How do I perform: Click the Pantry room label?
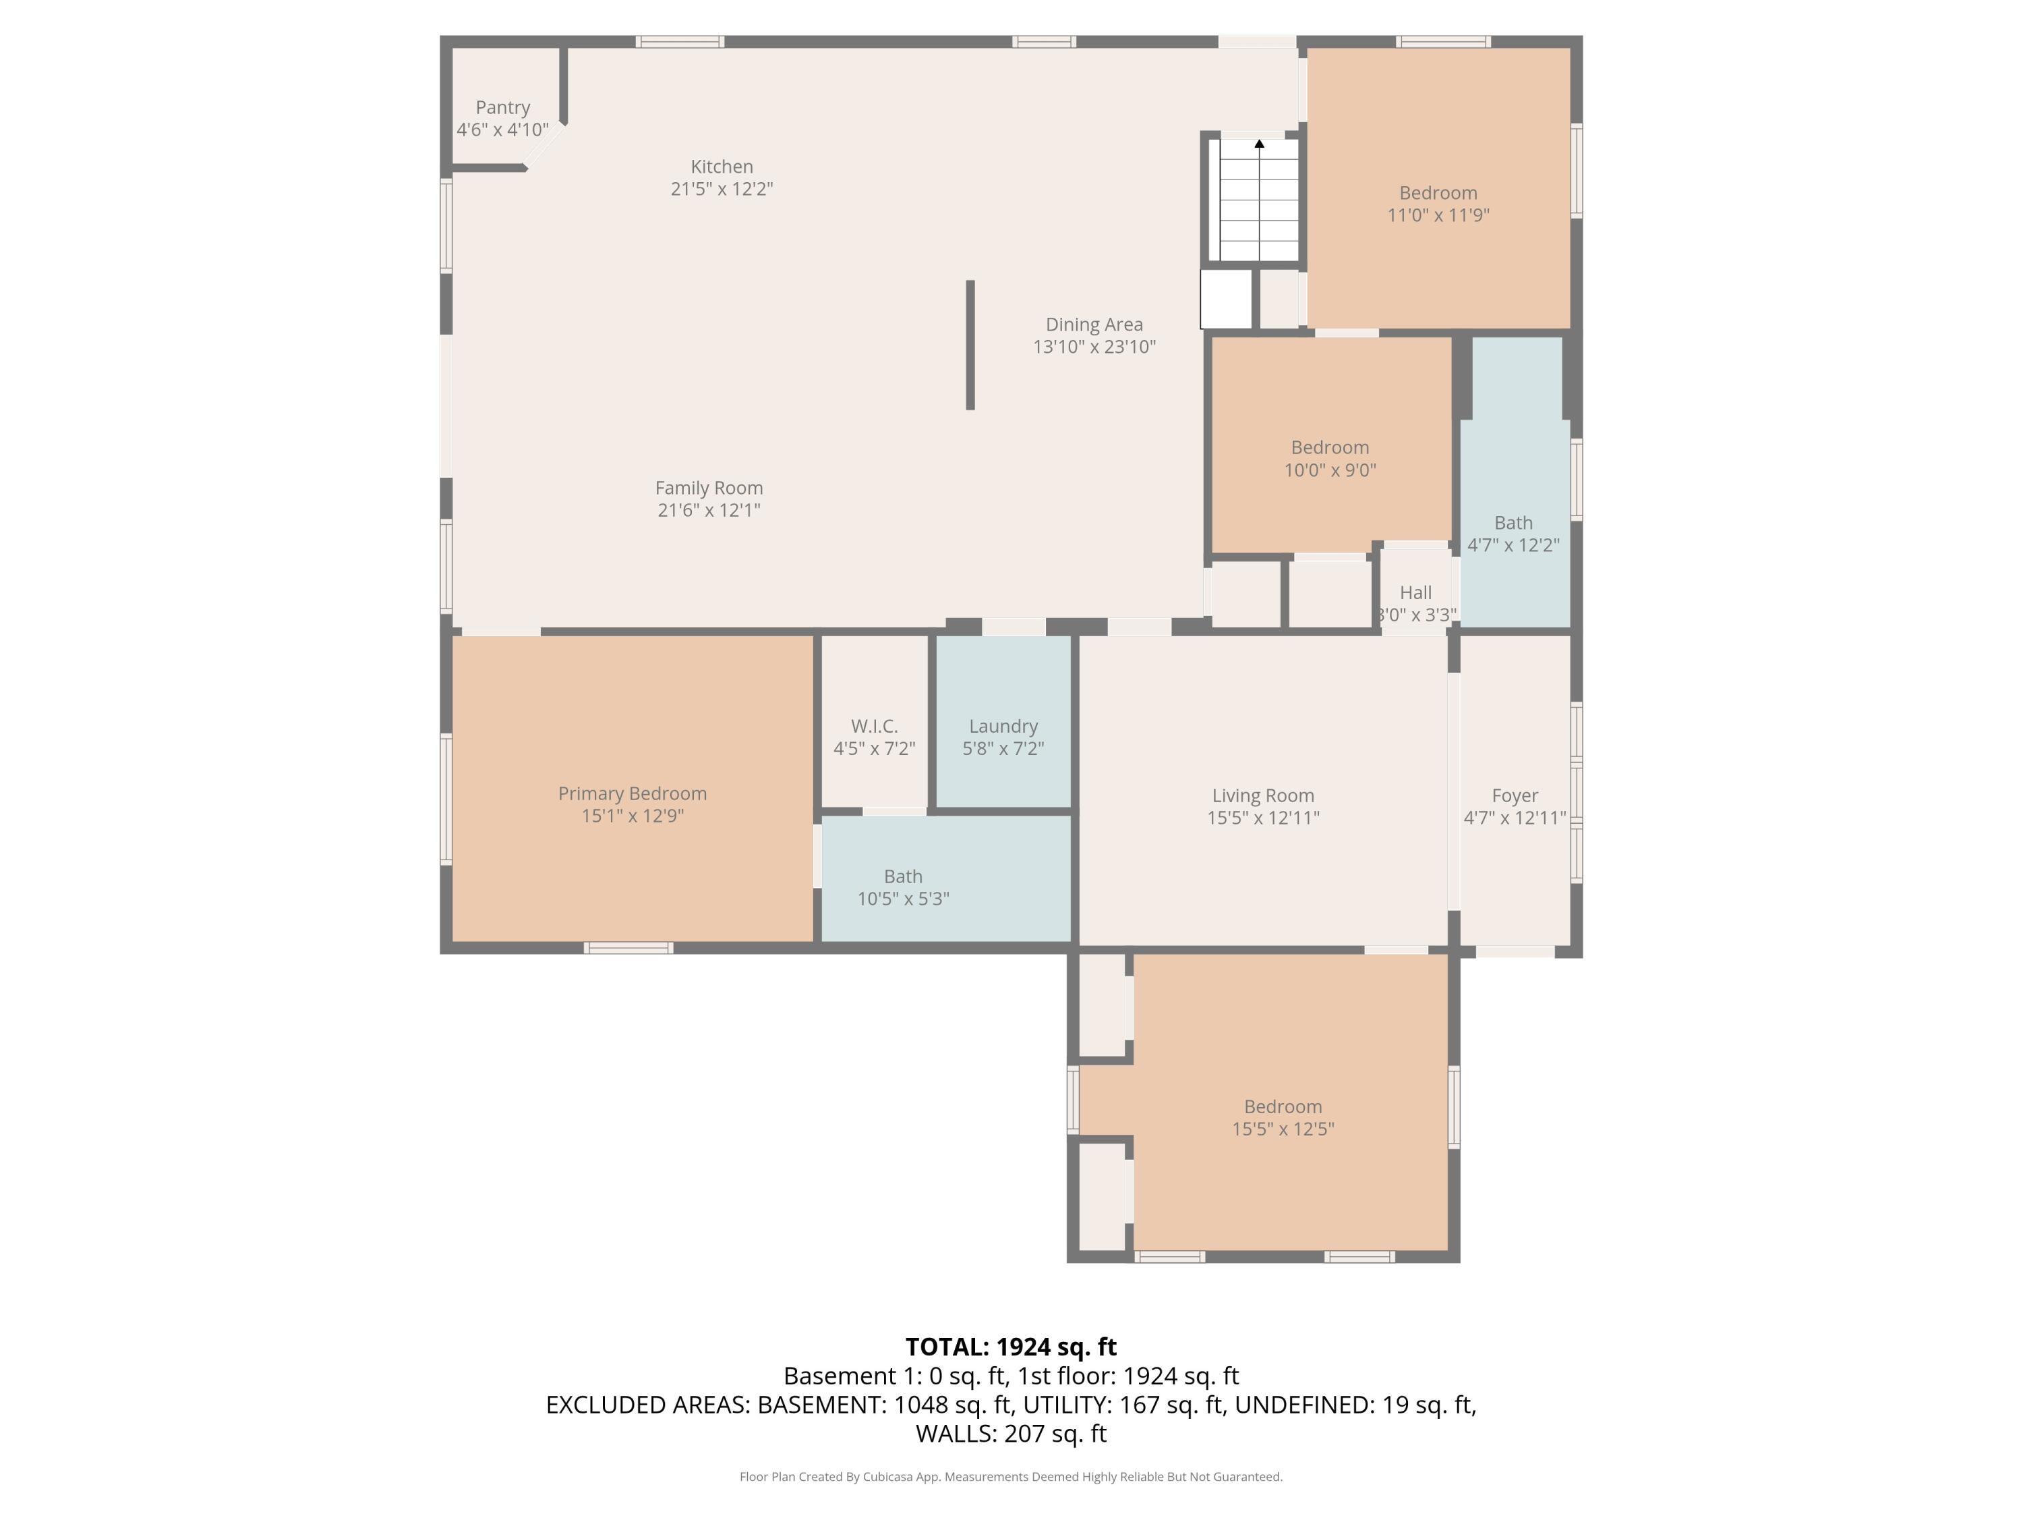(x=502, y=108)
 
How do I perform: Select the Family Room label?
(x=709, y=488)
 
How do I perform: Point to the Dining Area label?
(x=1094, y=325)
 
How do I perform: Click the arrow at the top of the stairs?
(x=1260, y=144)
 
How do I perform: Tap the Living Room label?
(x=1263, y=796)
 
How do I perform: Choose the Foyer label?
(x=1515, y=796)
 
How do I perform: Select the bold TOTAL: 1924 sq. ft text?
(x=1011, y=1347)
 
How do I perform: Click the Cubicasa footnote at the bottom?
(x=1011, y=1477)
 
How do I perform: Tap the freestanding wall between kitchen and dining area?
(x=970, y=345)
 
